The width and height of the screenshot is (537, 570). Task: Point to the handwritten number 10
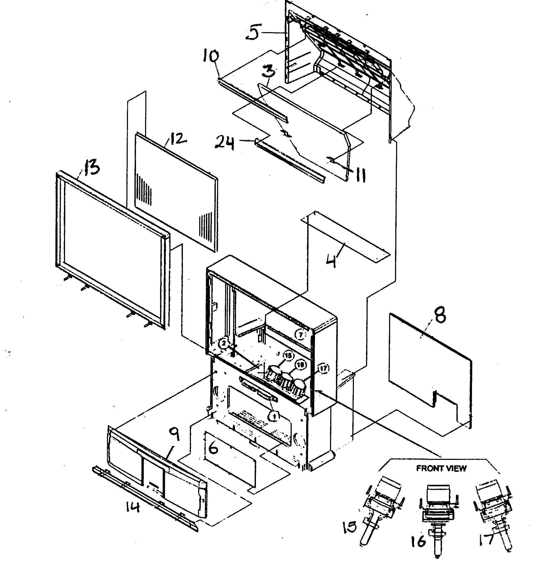(x=211, y=56)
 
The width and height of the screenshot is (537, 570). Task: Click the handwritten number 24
(x=225, y=143)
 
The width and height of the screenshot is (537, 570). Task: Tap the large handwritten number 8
(x=440, y=315)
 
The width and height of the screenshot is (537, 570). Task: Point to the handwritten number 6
(x=213, y=448)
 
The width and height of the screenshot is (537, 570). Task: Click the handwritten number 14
(x=132, y=508)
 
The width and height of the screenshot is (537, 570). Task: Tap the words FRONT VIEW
(x=441, y=468)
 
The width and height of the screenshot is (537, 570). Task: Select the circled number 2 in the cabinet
(x=224, y=344)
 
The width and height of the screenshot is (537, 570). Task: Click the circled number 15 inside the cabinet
(x=288, y=355)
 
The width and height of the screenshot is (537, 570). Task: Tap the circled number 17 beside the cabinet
(x=323, y=368)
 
